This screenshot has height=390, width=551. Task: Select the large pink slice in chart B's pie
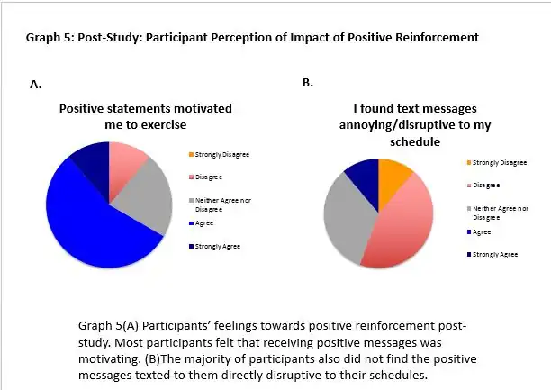click(402, 225)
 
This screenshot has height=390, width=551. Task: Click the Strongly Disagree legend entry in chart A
click(219, 154)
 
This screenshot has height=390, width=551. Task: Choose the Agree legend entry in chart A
click(206, 222)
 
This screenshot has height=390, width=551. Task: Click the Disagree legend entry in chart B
click(485, 185)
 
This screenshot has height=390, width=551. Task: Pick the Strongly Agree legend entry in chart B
click(496, 254)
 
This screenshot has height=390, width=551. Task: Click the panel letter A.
click(36, 85)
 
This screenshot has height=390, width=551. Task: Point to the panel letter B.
click(307, 82)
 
